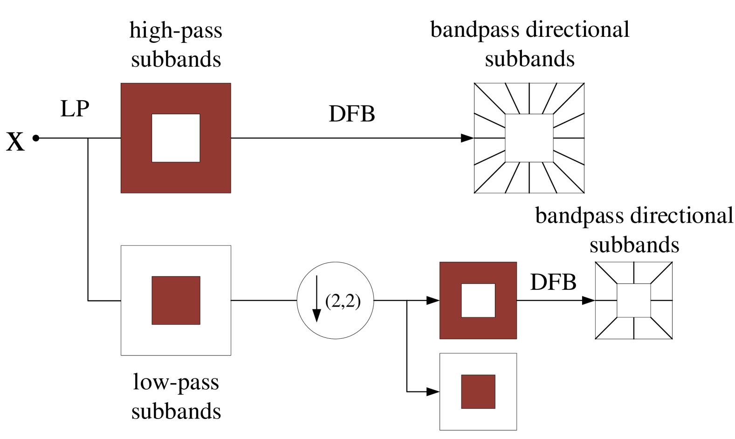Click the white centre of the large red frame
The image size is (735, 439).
click(176, 138)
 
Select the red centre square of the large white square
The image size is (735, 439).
click(176, 300)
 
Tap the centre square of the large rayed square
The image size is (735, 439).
click(529, 138)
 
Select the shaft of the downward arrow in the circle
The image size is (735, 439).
click(317, 291)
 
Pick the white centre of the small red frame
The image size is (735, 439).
click(478, 300)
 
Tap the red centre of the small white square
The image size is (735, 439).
click(478, 391)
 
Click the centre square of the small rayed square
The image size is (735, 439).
click(634, 300)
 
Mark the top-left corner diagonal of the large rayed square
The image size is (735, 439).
click(490, 99)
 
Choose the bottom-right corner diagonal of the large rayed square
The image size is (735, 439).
click(569, 178)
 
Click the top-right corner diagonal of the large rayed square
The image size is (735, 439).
click(569, 99)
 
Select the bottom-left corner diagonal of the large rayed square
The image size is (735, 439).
click(490, 178)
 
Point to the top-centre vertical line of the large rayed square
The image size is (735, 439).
click(529, 99)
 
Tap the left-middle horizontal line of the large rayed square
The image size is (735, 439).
click(490, 138)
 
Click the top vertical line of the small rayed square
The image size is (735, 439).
click(634, 273)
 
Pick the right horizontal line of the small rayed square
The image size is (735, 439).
click(661, 300)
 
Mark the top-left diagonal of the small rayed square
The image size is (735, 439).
click(606, 273)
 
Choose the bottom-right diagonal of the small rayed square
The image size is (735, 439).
click(661, 328)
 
